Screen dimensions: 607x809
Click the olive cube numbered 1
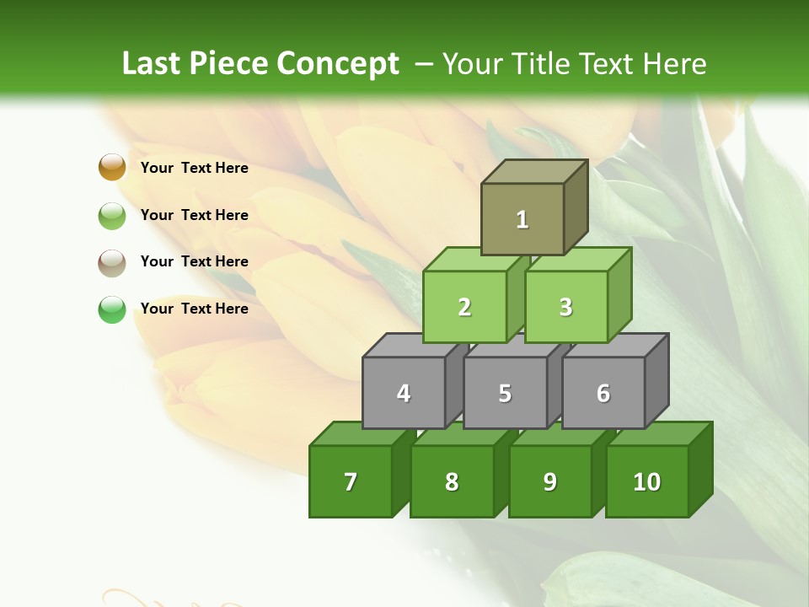click(522, 219)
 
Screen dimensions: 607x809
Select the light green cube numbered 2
click(464, 307)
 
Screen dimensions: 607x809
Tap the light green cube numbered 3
click(565, 307)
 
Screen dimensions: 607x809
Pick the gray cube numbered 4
click(404, 393)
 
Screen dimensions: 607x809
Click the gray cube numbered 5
click(505, 393)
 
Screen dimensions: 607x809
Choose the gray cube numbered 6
click(603, 393)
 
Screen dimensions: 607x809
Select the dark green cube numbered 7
click(351, 481)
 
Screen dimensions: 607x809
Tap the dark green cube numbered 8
click(452, 481)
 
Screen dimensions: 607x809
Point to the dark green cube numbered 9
click(550, 481)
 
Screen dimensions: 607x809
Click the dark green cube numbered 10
click(647, 481)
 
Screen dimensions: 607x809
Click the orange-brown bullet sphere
click(112, 168)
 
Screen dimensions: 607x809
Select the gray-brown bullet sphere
click(112, 262)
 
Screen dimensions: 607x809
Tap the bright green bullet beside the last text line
click(112, 309)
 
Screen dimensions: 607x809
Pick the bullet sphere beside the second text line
click(112, 215)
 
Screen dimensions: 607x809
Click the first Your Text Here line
click(194, 168)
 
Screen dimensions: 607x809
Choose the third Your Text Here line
click(194, 261)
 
